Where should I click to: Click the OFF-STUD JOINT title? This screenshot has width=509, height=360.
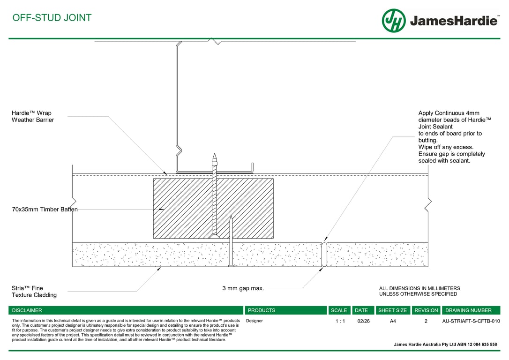pyautogui.click(x=52, y=18)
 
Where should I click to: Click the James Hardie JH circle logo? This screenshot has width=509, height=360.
pyautogui.click(x=394, y=21)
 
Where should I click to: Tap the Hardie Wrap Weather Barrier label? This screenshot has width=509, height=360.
pyautogui.click(x=32, y=116)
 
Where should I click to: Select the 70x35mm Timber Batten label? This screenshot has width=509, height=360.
pyautogui.click(x=45, y=210)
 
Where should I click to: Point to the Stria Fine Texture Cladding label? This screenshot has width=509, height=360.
pyautogui.click(x=34, y=292)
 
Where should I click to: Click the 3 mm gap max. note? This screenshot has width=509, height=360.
pyautogui.click(x=243, y=288)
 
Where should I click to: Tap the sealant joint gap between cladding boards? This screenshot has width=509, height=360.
pyautogui.click(x=324, y=255)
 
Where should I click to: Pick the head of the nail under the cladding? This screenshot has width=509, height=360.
pyautogui.click(x=231, y=266)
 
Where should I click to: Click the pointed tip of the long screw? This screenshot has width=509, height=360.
pyautogui.click(x=214, y=155)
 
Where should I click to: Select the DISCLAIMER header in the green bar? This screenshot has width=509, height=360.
pyautogui.click(x=27, y=310)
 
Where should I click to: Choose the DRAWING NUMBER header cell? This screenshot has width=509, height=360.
pyautogui.click(x=468, y=310)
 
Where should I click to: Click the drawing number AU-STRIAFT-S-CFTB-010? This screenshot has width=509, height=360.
pyautogui.click(x=471, y=322)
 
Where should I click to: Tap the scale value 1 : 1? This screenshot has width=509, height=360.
pyautogui.click(x=340, y=322)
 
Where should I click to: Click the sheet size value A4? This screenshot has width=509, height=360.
pyautogui.click(x=393, y=322)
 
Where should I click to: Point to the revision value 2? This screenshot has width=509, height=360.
pyautogui.click(x=426, y=322)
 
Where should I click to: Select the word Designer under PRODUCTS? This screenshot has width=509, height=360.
pyautogui.click(x=254, y=321)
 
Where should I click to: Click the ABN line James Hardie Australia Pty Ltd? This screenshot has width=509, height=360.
pyautogui.click(x=445, y=345)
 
